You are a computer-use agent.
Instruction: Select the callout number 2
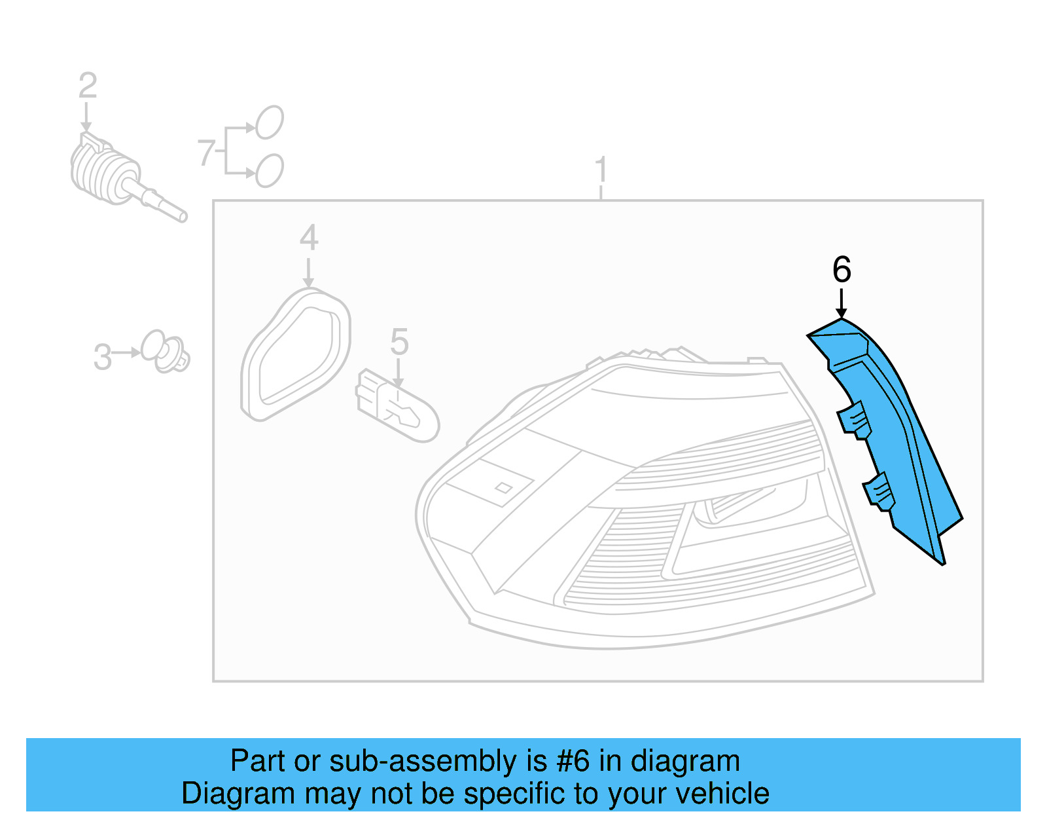click(x=88, y=85)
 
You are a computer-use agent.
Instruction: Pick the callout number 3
click(x=103, y=357)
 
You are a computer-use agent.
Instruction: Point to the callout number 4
click(x=309, y=238)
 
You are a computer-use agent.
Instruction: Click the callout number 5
click(x=399, y=342)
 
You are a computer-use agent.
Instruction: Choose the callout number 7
click(x=206, y=153)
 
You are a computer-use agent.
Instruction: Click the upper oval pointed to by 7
click(x=270, y=122)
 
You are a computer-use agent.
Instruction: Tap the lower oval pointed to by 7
click(x=270, y=171)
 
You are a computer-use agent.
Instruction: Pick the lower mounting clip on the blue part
click(x=880, y=492)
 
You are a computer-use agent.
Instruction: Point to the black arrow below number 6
click(x=842, y=303)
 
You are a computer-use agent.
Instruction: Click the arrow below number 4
click(x=308, y=273)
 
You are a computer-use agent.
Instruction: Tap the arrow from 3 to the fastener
click(x=126, y=353)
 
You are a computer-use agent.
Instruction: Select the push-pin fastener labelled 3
click(x=166, y=352)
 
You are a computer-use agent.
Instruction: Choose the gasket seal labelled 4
click(x=296, y=354)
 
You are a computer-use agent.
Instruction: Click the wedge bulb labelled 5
click(x=397, y=406)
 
